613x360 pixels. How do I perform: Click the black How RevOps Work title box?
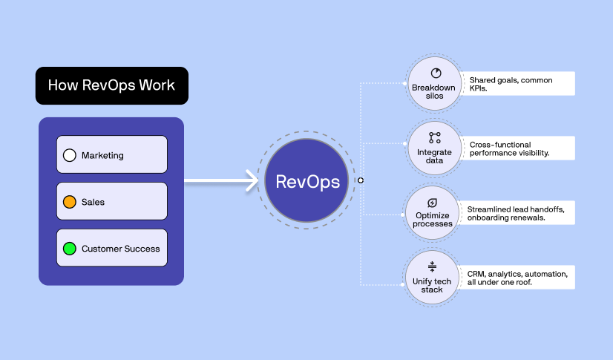pos(112,85)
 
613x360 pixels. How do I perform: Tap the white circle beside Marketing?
pos(70,155)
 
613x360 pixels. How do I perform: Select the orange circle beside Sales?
pos(70,202)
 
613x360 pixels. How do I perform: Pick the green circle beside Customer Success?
pos(70,248)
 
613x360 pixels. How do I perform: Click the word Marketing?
pos(102,156)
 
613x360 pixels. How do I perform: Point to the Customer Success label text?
pos(121,249)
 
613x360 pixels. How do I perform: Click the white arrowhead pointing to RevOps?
pos(252,180)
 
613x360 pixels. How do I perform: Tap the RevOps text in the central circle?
pos(308,182)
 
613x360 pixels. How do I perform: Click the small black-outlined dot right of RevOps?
pos(361,180)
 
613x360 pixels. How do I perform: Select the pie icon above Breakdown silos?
pos(436,73)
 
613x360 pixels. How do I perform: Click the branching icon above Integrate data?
pos(435,137)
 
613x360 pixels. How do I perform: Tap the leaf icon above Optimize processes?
pos(432,203)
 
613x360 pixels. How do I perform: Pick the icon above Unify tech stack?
pos(432,266)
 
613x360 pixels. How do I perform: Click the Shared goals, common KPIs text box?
pos(517,83)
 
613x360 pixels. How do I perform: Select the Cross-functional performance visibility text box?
pos(517,148)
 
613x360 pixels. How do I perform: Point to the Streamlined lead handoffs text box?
pos(515,212)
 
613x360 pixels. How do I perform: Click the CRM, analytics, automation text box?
pos(515,278)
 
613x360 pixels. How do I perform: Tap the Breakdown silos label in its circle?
pos(434,91)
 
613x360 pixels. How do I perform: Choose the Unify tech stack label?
pos(432,285)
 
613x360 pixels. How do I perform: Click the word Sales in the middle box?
pos(93,202)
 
